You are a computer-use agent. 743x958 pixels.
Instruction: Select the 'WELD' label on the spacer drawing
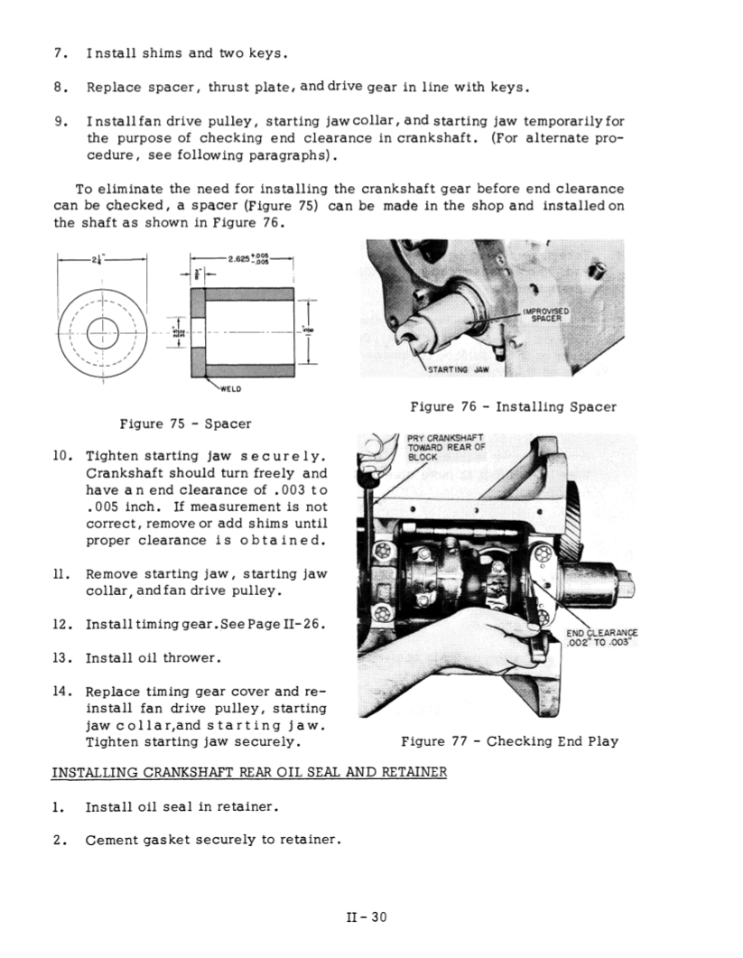pos(231,390)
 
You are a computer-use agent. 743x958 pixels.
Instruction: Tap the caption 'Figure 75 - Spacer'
pos(186,423)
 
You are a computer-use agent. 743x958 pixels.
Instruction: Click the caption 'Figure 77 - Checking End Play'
pos(509,741)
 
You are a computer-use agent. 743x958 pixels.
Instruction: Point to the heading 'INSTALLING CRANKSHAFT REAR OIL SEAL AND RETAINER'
pos(250,774)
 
